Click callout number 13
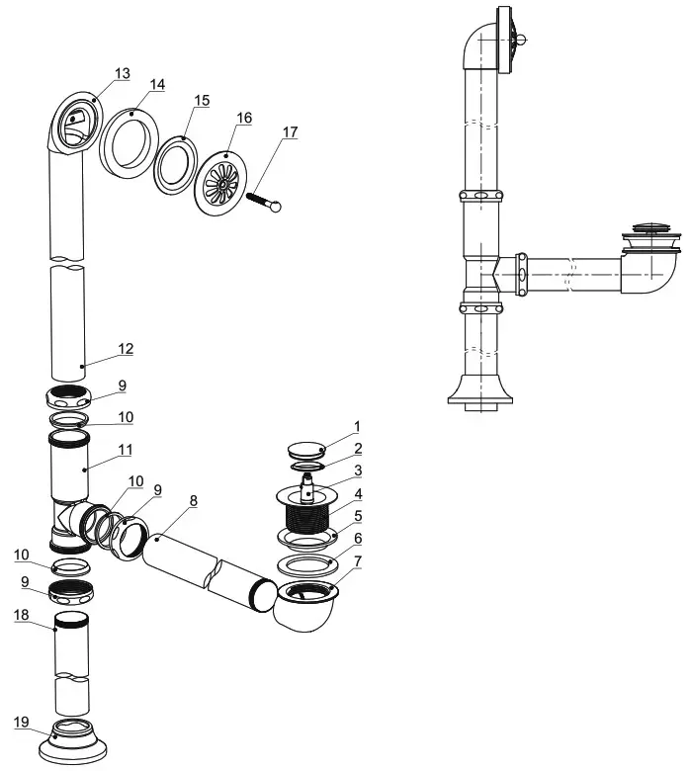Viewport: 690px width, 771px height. [x=122, y=74]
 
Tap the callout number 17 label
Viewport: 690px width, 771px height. [x=289, y=131]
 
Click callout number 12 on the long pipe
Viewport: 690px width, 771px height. [x=126, y=349]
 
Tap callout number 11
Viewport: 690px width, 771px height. [x=126, y=449]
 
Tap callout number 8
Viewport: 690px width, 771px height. [x=193, y=501]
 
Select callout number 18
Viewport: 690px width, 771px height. [x=21, y=614]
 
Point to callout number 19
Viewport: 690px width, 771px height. [x=21, y=723]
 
